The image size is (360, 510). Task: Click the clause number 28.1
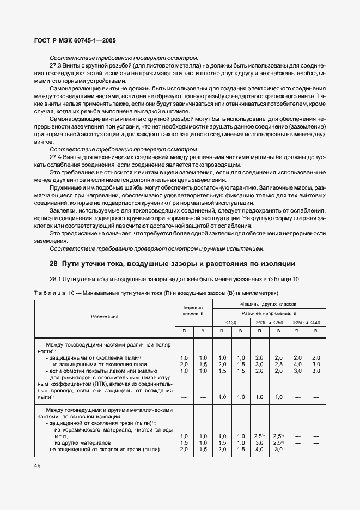[57, 279]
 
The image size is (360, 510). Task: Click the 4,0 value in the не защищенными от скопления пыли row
[297, 363]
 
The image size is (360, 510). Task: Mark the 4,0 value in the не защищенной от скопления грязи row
[259, 450]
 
